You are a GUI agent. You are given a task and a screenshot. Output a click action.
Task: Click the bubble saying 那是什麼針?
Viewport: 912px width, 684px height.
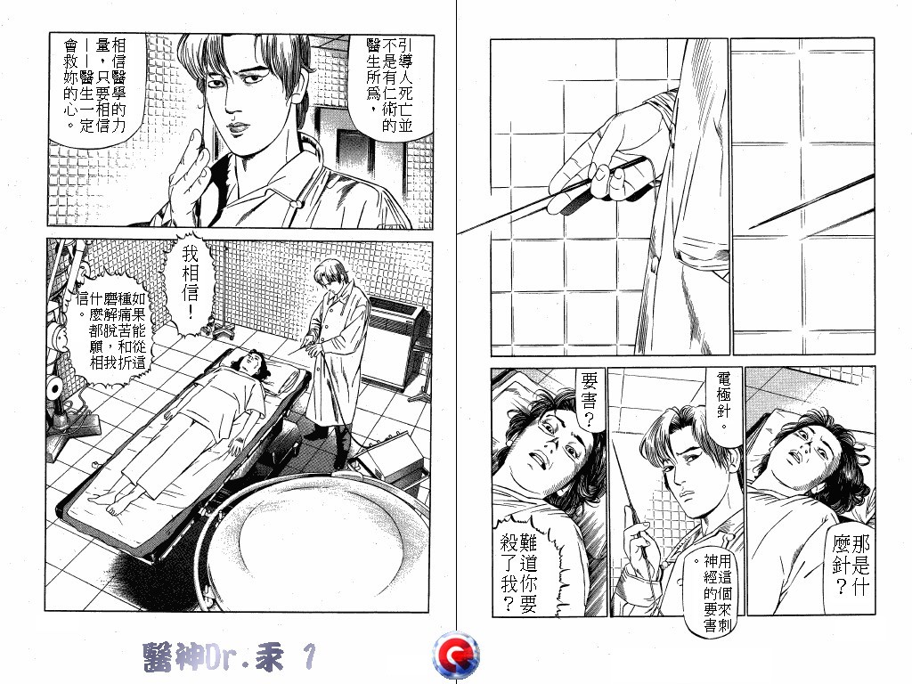pyautogui.click(x=851, y=563)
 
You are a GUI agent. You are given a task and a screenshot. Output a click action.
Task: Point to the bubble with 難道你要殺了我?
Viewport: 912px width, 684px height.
pyautogui.click(x=519, y=572)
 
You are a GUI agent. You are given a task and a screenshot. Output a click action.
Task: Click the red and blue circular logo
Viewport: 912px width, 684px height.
pyautogui.click(x=456, y=655)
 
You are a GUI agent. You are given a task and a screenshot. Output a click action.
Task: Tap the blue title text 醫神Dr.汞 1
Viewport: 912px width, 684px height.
pyautogui.click(x=229, y=657)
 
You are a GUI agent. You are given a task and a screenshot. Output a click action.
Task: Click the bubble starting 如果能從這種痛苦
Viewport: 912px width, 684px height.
pyautogui.click(x=110, y=330)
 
